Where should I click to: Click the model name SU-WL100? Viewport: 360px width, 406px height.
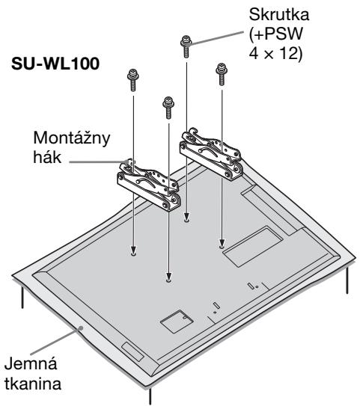55,64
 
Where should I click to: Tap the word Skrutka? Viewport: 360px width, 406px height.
279,14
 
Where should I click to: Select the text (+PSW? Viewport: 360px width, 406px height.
275,34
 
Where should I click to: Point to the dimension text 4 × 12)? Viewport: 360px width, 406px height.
275,54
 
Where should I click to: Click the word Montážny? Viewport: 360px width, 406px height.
72,138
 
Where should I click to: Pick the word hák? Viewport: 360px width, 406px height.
47,157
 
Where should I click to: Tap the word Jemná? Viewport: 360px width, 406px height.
31,363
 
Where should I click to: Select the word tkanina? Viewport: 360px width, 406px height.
33,384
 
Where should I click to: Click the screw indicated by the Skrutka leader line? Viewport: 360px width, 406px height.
186,46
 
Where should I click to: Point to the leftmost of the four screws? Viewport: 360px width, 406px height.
133,80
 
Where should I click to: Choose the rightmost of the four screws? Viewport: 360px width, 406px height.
222,74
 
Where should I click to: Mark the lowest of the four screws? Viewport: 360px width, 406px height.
168,108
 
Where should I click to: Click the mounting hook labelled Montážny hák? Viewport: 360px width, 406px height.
148,185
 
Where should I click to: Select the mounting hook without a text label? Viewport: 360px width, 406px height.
211,154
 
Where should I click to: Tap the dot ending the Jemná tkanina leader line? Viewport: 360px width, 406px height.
81,328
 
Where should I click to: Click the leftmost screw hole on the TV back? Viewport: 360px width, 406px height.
133,254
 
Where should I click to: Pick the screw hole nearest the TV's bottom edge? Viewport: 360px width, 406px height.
168,280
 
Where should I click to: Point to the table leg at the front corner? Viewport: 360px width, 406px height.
150,396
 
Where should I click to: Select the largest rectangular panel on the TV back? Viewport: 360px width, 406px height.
252,246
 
